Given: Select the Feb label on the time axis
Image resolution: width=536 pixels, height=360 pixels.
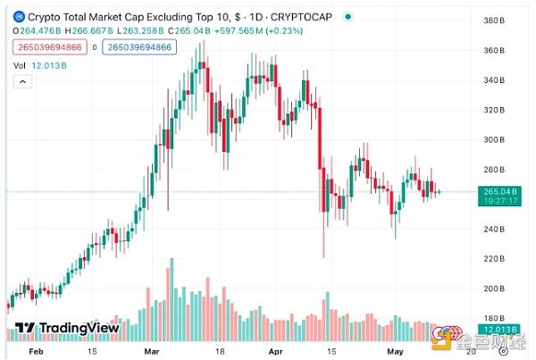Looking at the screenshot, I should click(x=35, y=351).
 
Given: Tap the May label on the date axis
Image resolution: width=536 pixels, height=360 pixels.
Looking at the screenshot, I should click(x=396, y=351).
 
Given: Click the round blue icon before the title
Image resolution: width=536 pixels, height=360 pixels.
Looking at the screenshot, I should click(x=18, y=17).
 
